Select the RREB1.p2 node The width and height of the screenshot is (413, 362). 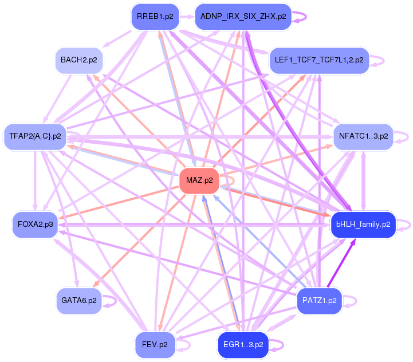pos(155,17)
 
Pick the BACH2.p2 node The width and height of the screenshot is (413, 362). pos(78,60)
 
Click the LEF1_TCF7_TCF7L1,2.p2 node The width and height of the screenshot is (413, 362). pos(319,60)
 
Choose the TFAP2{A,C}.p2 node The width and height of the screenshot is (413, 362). pos(35,136)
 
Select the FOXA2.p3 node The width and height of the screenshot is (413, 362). pos(35,224)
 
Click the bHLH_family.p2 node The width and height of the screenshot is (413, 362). pos(363,224)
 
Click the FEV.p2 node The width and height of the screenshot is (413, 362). pos(155,344)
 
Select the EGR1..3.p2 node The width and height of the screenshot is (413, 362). pos(243,344)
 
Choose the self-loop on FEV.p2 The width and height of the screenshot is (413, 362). pos(190,344)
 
